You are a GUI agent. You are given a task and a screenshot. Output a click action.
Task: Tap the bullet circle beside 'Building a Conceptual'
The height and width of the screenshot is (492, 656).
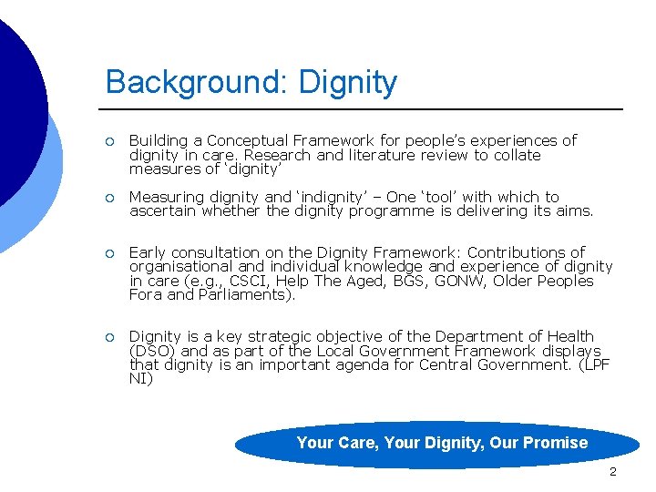point(109,141)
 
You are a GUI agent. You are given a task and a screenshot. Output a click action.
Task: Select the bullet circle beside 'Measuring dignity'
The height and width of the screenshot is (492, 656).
point(109,197)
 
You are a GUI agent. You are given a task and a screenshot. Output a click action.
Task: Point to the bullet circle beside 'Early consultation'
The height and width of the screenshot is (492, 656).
point(109,252)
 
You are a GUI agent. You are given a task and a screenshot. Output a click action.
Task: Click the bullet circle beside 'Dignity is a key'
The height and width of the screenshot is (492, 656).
point(109,337)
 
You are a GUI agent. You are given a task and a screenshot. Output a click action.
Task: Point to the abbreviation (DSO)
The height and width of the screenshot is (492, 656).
point(153,352)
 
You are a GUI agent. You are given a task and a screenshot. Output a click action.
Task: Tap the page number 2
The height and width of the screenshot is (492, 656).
point(612,472)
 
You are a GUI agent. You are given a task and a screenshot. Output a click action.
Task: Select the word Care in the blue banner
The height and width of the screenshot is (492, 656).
point(358,444)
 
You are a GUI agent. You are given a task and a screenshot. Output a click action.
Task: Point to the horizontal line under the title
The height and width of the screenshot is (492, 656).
point(364,110)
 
